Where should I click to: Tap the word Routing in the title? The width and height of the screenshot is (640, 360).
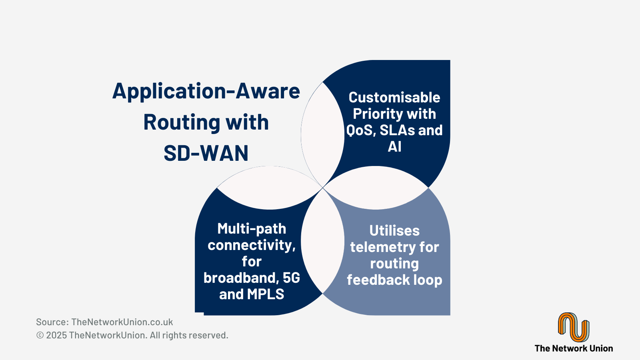click(x=182, y=122)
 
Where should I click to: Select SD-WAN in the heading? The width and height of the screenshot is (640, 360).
click(x=206, y=153)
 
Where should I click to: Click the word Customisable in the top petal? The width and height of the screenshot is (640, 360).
click(x=394, y=98)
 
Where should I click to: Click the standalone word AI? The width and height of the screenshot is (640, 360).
click(x=394, y=146)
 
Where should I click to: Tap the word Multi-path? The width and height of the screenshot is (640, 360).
click(x=252, y=229)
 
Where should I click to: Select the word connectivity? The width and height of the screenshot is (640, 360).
click(x=252, y=245)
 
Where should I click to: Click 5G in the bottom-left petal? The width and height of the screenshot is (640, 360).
click(x=292, y=278)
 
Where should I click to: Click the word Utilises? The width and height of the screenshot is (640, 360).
click(x=394, y=230)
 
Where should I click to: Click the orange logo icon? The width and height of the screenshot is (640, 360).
click(x=574, y=327)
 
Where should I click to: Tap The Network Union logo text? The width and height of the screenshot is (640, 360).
click(x=574, y=348)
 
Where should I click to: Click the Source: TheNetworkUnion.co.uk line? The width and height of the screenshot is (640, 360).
click(x=104, y=322)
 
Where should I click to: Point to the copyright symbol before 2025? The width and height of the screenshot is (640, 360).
click(x=40, y=335)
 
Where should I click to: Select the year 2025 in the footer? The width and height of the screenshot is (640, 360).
click(x=56, y=335)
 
